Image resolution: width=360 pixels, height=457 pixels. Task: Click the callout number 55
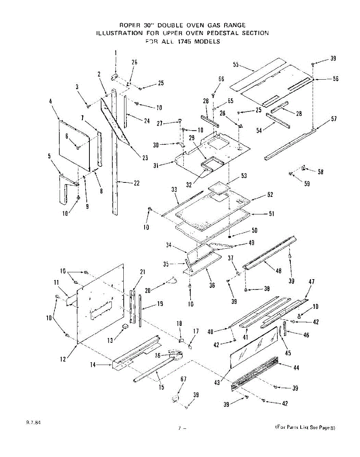click(236, 65)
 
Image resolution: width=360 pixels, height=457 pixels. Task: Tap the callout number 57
click(334, 119)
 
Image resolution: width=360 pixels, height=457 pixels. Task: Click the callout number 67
click(184, 379)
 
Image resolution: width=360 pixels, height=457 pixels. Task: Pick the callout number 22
click(137, 183)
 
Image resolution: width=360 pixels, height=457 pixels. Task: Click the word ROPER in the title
click(130, 25)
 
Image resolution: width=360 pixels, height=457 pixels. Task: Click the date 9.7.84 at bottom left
click(33, 423)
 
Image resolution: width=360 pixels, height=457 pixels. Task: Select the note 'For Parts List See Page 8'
click(306, 428)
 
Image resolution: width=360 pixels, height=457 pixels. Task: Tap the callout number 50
click(255, 231)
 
